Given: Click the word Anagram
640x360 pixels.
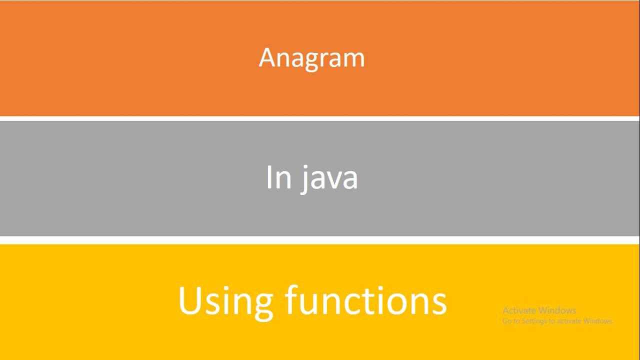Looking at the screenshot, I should click(311, 58).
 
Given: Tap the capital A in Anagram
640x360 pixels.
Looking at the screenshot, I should click(267, 57).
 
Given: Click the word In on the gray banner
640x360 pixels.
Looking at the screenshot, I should click(278, 177).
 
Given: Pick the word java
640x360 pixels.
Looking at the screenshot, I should click(329, 178).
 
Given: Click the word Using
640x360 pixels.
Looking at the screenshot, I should click(225, 301).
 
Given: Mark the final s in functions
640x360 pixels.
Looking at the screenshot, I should click(438, 303).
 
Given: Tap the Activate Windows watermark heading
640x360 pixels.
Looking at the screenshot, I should click(539, 310).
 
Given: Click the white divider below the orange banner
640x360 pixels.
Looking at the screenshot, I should click(320, 118).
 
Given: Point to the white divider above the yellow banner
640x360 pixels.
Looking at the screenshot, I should click(320, 240).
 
